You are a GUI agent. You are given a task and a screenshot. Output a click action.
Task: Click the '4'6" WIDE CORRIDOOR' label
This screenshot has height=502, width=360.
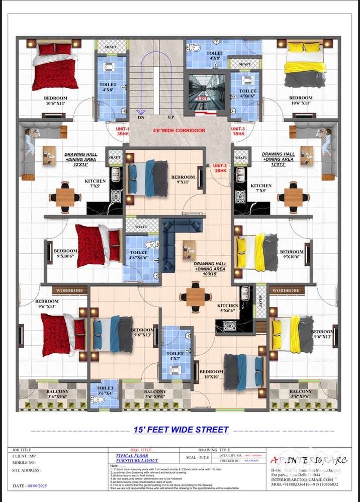[x=179, y=131]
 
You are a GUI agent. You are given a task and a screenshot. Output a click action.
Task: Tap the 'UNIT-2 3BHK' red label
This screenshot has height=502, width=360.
[x=220, y=169]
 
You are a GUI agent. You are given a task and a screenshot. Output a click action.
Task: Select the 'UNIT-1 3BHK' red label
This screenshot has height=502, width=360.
[x=122, y=132]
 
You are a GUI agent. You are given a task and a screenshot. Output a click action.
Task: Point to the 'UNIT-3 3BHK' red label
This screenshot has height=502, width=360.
[x=238, y=132]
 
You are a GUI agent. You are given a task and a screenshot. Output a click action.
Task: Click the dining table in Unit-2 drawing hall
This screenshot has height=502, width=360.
[x=196, y=296]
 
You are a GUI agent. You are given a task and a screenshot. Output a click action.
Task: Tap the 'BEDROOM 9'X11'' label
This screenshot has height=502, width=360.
[x=183, y=180]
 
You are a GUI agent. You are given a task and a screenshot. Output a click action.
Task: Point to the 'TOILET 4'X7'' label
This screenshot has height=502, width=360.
[x=175, y=356]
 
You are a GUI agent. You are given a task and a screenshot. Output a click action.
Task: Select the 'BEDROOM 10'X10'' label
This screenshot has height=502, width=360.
[x=211, y=374]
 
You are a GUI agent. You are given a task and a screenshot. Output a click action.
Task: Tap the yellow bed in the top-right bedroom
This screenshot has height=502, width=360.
[x=305, y=65]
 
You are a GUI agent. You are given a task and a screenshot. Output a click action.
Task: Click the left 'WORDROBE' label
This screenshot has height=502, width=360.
[x=69, y=290]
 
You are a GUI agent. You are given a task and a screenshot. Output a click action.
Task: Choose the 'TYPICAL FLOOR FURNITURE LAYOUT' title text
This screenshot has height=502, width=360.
[x=137, y=458]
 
